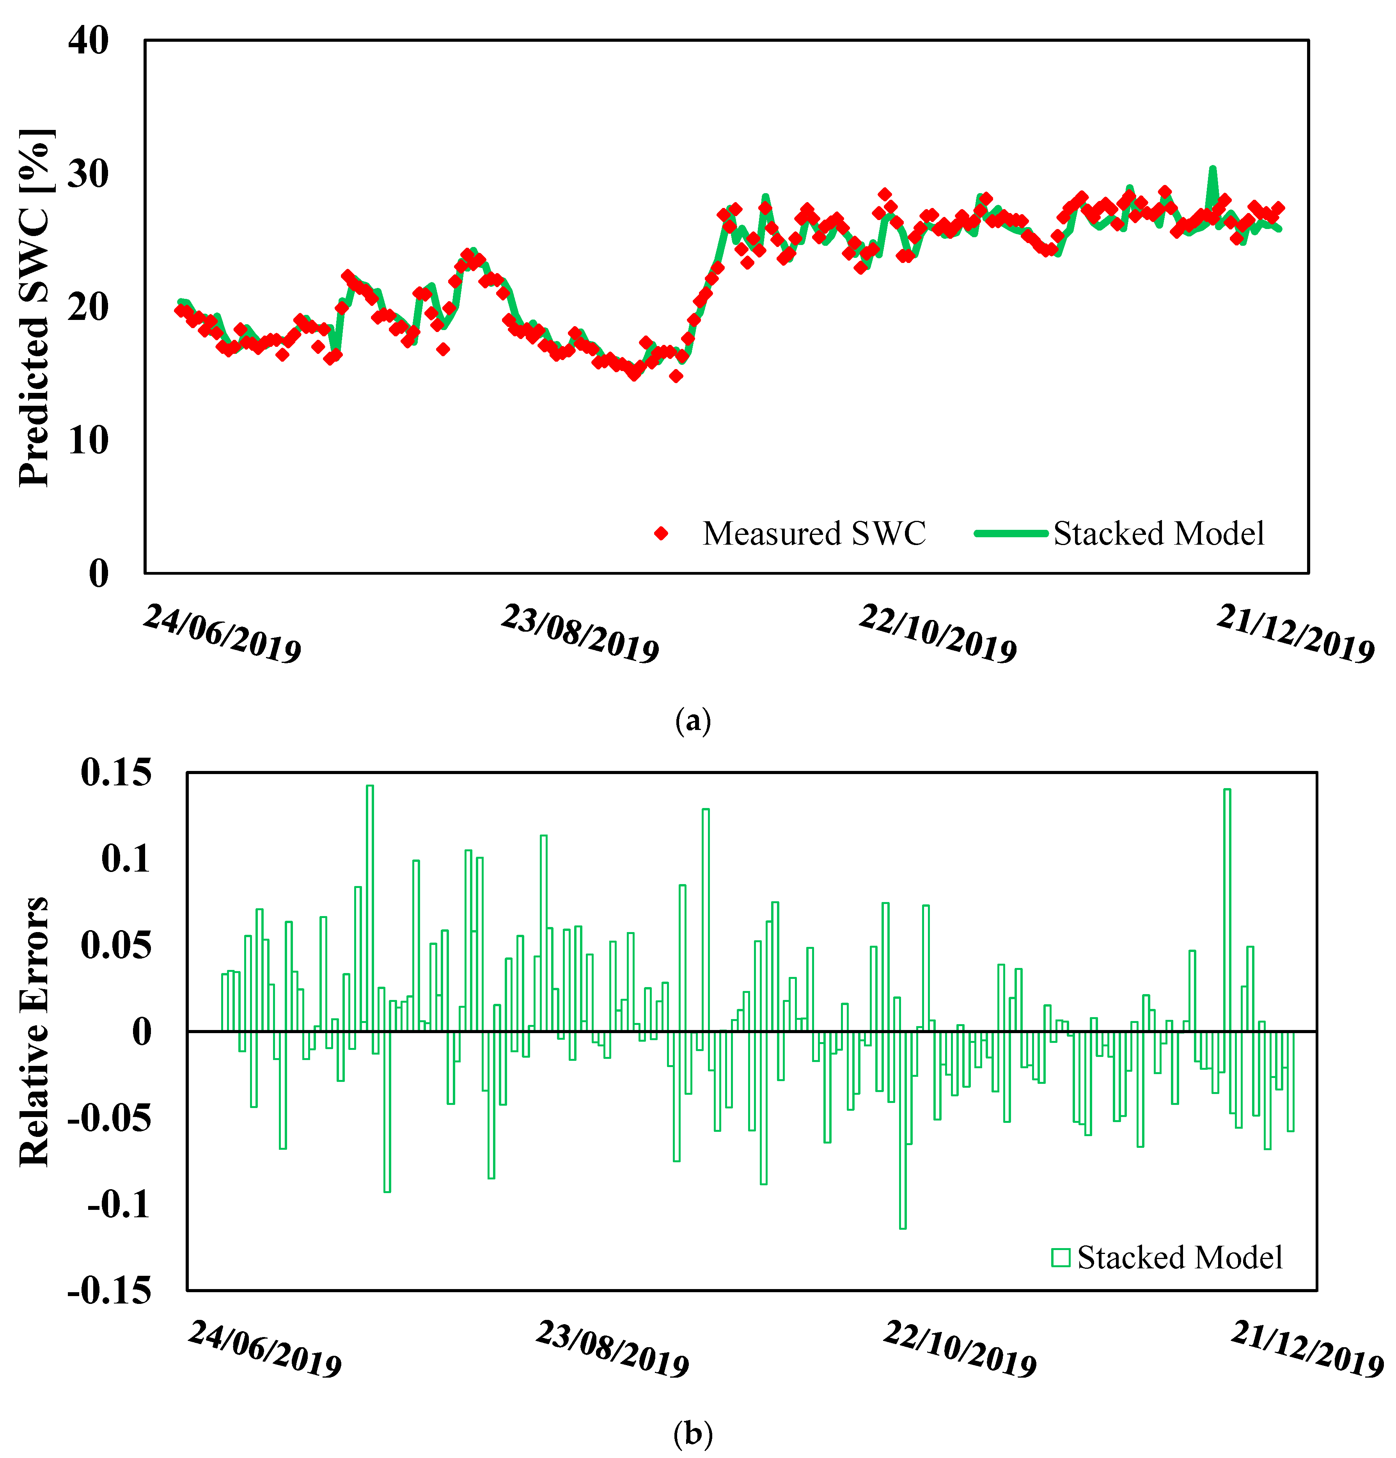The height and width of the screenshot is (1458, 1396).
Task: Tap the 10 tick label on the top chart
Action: (88, 440)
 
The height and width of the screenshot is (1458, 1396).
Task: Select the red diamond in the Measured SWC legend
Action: (660, 533)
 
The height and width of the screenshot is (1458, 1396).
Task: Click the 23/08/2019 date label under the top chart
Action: (580, 633)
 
